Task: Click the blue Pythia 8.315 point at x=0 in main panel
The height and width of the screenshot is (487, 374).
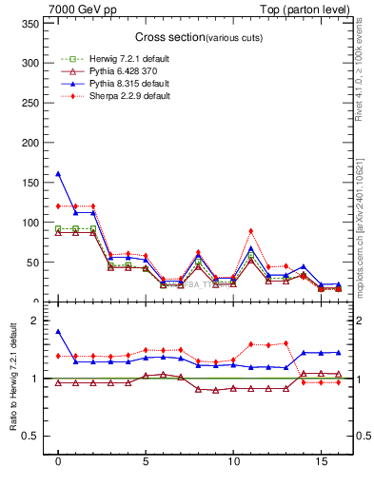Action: (58, 174)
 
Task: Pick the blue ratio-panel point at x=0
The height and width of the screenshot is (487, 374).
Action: (58, 332)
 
